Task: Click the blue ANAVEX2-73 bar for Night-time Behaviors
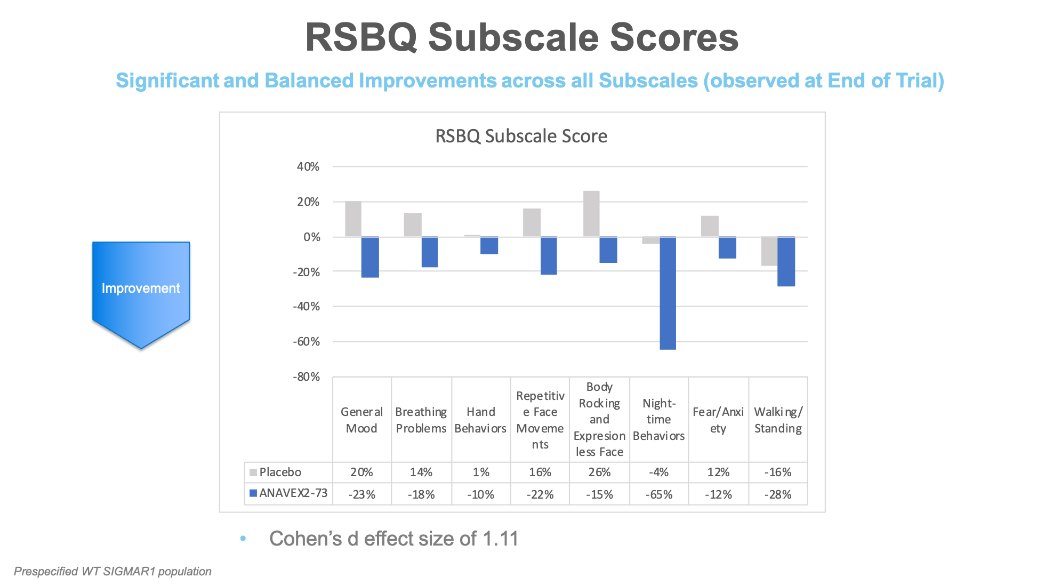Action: click(x=668, y=293)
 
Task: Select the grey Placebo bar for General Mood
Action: click(x=353, y=219)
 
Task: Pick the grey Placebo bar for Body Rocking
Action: click(x=591, y=214)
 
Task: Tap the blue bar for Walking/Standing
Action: click(x=786, y=262)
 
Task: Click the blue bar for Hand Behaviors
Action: click(x=489, y=246)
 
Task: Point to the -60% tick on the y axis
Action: click(x=307, y=342)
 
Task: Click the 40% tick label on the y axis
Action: click(x=308, y=167)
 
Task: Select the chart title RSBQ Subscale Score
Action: click(x=521, y=137)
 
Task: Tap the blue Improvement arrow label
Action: click(x=141, y=289)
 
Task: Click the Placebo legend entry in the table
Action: click(x=280, y=472)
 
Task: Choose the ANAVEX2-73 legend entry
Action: click(x=293, y=493)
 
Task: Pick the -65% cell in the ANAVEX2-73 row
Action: click(x=658, y=495)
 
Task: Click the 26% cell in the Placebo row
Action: click(x=599, y=472)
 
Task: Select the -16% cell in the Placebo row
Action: click(x=777, y=472)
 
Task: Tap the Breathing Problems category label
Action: click(x=421, y=420)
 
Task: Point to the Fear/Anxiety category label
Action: click(x=718, y=420)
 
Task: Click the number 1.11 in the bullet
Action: click(x=500, y=539)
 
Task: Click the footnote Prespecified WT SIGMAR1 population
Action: click(x=112, y=572)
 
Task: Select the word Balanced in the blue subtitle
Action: click(x=309, y=81)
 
